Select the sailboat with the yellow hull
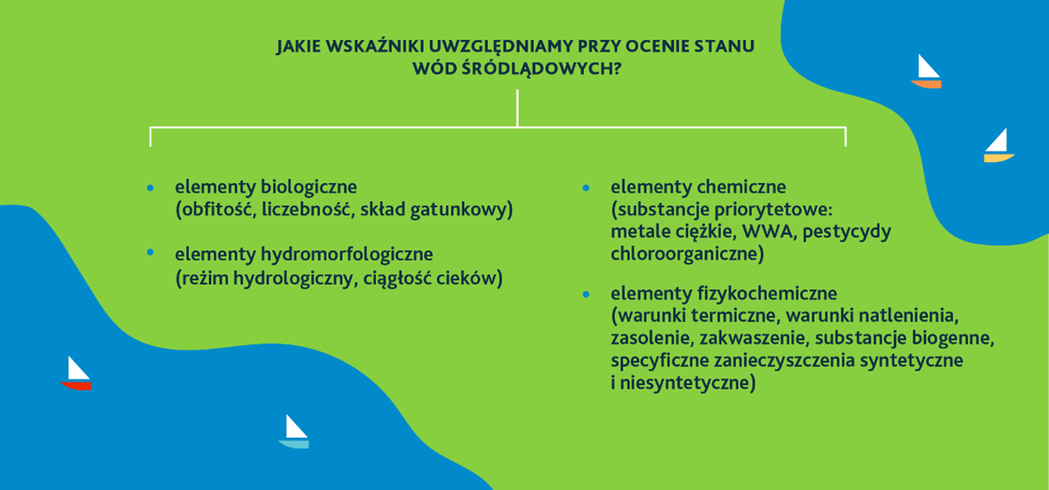pyautogui.click(x=999, y=146)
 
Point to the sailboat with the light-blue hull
pyautogui.click(x=294, y=432)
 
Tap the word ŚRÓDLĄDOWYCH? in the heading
pyautogui.click(x=542, y=68)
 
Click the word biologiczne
pyautogui.click(x=308, y=187)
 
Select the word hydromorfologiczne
pyautogui.click(x=347, y=254)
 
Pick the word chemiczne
pyautogui.click(x=741, y=187)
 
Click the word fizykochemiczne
pyautogui.click(x=767, y=294)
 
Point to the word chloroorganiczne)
pyautogui.click(x=687, y=253)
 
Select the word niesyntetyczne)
pyautogui.click(x=688, y=383)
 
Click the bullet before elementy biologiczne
pyautogui.click(x=150, y=188)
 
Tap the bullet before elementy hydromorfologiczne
pyautogui.click(x=150, y=253)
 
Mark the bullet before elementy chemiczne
pyautogui.click(x=586, y=188)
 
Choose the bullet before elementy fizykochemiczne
pyautogui.click(x=586, y=295)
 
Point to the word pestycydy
pyautogui.click(x=847, y=232)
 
